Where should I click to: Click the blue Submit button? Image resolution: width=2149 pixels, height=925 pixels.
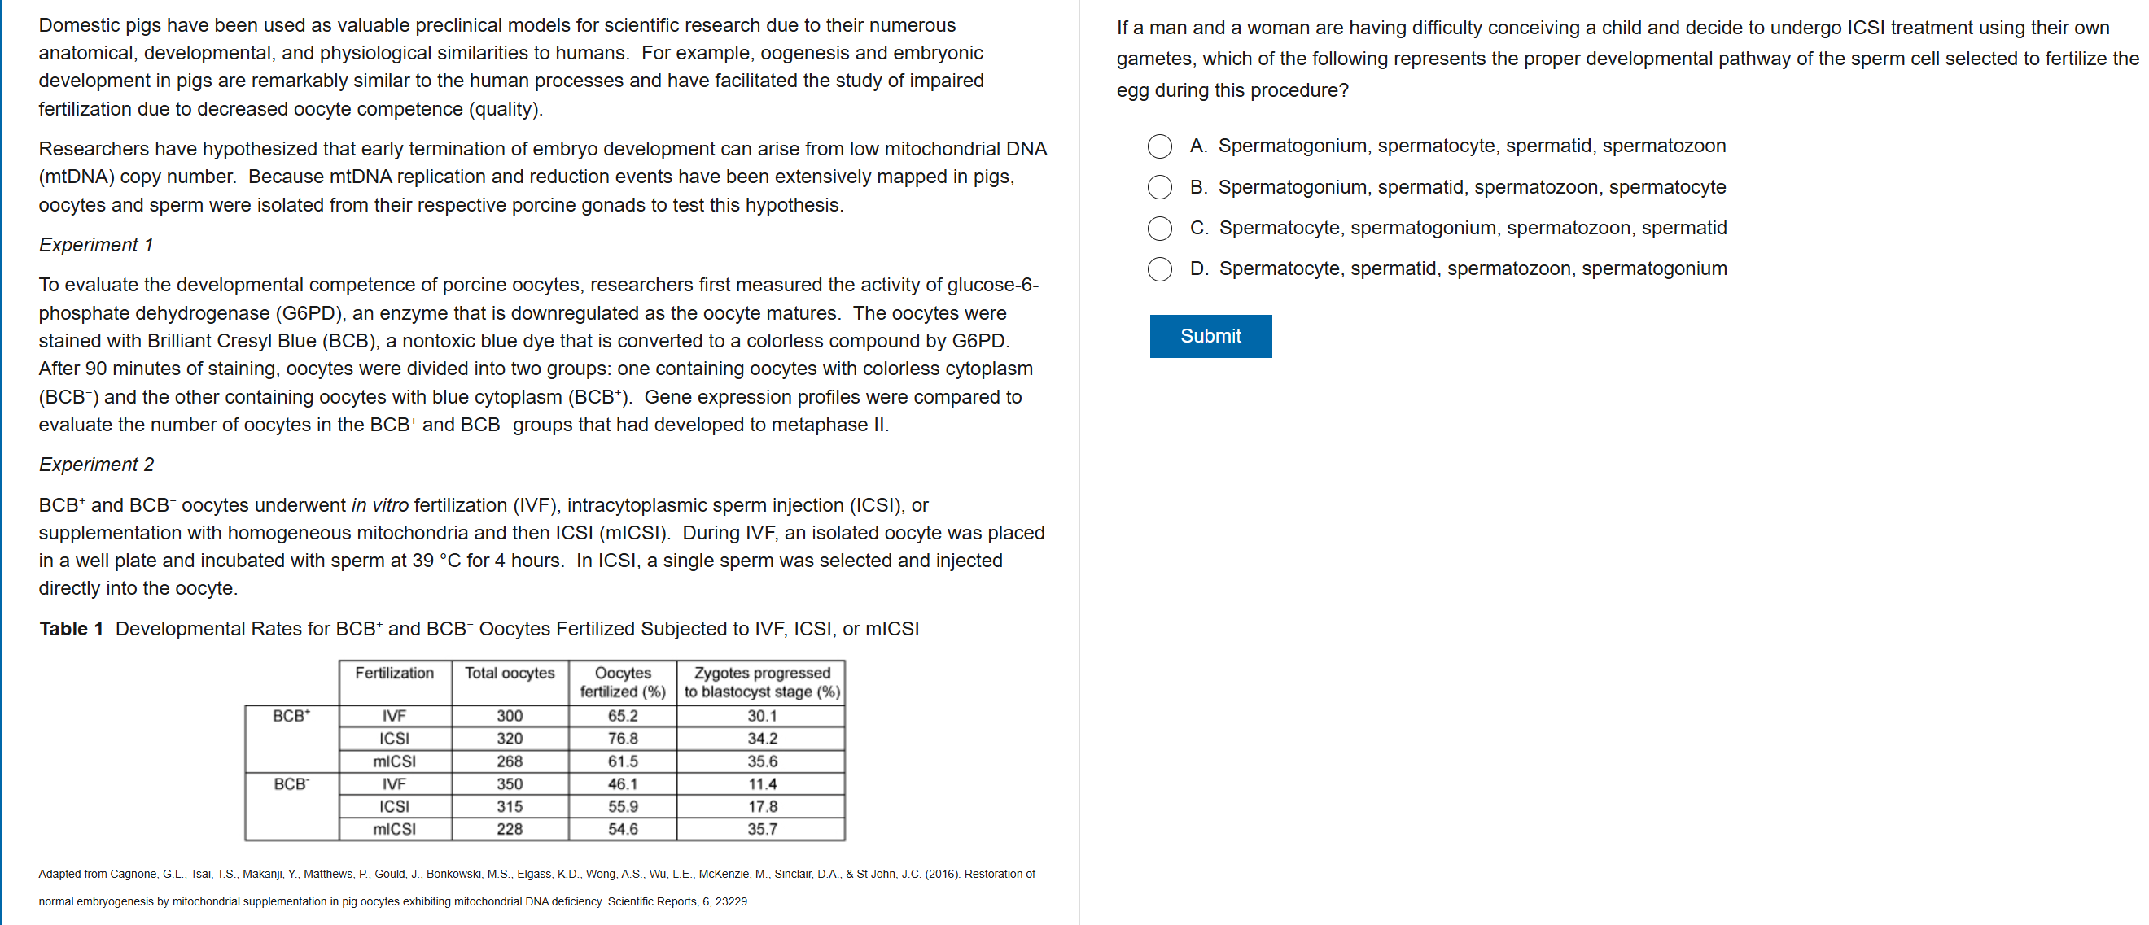click(x=1210, y=336)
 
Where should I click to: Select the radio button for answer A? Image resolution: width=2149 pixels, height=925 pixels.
click(x=1160, y=146)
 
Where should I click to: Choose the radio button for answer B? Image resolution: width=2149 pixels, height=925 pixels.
click(x=1160, y=188)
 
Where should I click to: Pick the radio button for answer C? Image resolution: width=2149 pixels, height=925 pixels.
click(x=1160, y=229)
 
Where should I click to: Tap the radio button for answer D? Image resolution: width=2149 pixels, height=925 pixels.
click(x=1160, y=269)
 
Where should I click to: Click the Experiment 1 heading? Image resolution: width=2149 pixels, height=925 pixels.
click(x=96, y=245)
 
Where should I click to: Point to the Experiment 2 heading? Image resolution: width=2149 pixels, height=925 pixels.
click(x=96, y=465)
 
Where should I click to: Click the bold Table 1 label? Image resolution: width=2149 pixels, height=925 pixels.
click(x=71, y=629)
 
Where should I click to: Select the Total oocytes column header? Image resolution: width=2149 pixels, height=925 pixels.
click(x=509, y=673)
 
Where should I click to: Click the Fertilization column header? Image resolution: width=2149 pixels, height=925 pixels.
click(x=395, y=673)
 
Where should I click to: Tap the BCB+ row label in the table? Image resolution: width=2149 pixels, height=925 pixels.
click(x=291, y=716)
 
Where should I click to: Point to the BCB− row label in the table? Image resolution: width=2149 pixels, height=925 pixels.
click(x=291, y=784)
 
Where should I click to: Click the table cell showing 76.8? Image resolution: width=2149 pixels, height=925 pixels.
click(x=623, y=738)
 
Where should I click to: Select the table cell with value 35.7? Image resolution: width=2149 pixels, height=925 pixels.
click(x=762, y=829)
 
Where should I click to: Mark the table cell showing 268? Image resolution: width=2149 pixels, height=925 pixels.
click(x=509, y=761)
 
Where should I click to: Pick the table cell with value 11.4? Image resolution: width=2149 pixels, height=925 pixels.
click(x=762, y=784)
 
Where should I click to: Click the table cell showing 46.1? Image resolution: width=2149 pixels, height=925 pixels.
click(x=623, y=784)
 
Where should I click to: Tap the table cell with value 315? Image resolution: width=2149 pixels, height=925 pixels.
click(x=509, y=806)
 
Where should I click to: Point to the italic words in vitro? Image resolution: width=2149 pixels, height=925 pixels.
click(x=379, y=505)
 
